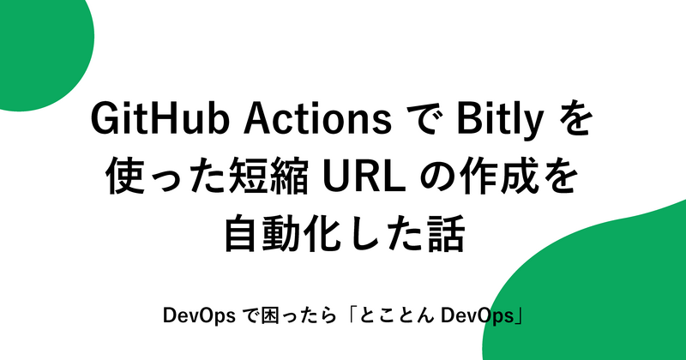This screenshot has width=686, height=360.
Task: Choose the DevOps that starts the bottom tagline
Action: (x=196, y=316)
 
